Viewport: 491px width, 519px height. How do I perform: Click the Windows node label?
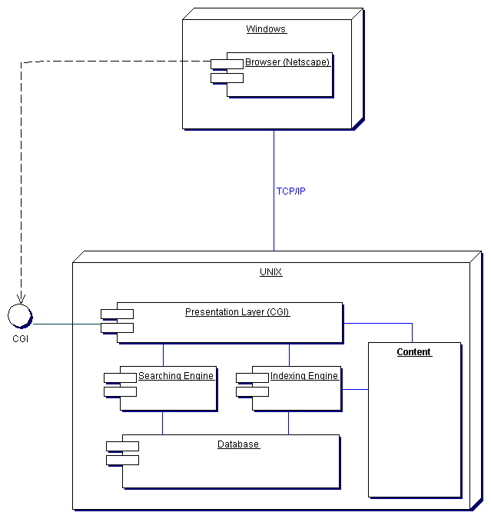click(266, 29)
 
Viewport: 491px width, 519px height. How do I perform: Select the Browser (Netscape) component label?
click(287, 62)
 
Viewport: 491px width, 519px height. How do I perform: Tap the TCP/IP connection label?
click(290, 191)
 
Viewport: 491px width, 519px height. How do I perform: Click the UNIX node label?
click(271, 272)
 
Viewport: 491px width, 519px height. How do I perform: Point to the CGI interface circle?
click(18, 315)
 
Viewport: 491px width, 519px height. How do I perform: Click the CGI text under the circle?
click(21, 338)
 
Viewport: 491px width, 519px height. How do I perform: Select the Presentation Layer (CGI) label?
click(237, 312)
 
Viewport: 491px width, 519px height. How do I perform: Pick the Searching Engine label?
click(176, 376)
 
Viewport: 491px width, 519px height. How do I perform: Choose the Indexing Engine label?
click(304, 376)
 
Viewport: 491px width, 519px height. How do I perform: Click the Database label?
click(238, 444)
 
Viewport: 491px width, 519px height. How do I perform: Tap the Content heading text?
click(414, 352)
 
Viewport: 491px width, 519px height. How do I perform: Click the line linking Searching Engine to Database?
click(163, 423)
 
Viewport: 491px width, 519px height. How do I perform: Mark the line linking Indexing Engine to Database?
click(289, 423)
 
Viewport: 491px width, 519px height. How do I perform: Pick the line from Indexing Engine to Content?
click(354, 390)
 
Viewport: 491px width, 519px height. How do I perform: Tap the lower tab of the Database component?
click(123, 460)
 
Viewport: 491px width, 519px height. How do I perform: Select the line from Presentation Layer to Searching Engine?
click(163, 354)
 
